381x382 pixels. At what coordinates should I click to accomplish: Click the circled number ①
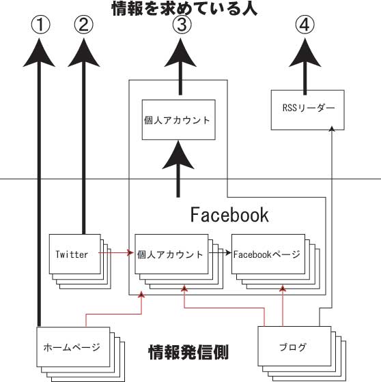click(40, 25)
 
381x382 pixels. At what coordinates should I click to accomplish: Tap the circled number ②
click(84, 25)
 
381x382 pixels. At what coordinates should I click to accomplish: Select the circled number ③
click(182, 25)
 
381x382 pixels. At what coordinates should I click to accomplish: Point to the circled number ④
click(305, 25)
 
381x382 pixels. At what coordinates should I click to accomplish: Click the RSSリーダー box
click(307, 110)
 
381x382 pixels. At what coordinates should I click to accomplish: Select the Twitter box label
click(72, 254)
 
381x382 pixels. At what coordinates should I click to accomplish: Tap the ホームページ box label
click(72, 347)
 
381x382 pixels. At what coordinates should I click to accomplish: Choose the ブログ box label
click(293, 347)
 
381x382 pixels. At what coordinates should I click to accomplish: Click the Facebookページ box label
click(266, 254)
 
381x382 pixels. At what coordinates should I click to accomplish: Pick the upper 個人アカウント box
click(178, 119)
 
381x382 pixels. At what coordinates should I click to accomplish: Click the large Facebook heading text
click(229, 215)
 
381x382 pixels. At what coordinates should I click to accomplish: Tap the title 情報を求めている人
click(184, 9)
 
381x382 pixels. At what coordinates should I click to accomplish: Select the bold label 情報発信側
click(188, 352)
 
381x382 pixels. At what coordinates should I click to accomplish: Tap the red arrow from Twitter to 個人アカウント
click(116, 253)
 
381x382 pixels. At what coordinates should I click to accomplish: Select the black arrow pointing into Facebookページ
click(220, 253)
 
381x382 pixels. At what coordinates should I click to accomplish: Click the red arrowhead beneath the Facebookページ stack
click(283, 289)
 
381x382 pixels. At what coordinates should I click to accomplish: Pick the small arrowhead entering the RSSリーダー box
click(331, 129)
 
